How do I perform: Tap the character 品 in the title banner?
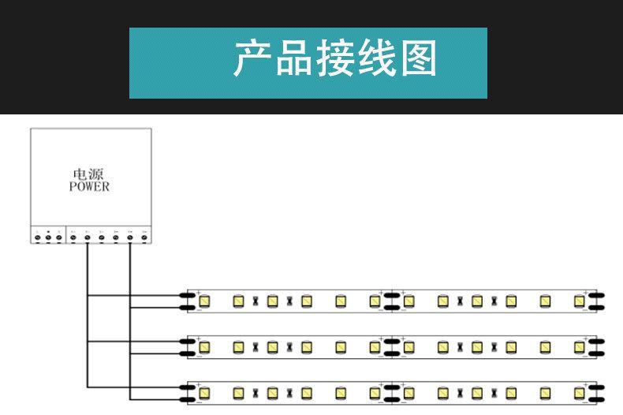pyautogui.click(x=293, y=61)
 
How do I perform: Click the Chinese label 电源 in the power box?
pyautogui.click(x=82, y=174)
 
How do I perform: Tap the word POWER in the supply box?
pyautogui.click(x=88, y=188)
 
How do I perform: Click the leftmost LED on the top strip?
pyautogui.click(x=203, y=301)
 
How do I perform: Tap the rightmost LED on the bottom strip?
pyautogui.click(x=580, y=392)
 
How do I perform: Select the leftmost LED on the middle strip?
pyautogui.click(x=203, y=346)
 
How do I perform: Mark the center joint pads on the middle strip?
pyautogui.click(x=390, y=346)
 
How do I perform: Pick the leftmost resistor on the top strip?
pyautogui.click(x=255, y=301)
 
